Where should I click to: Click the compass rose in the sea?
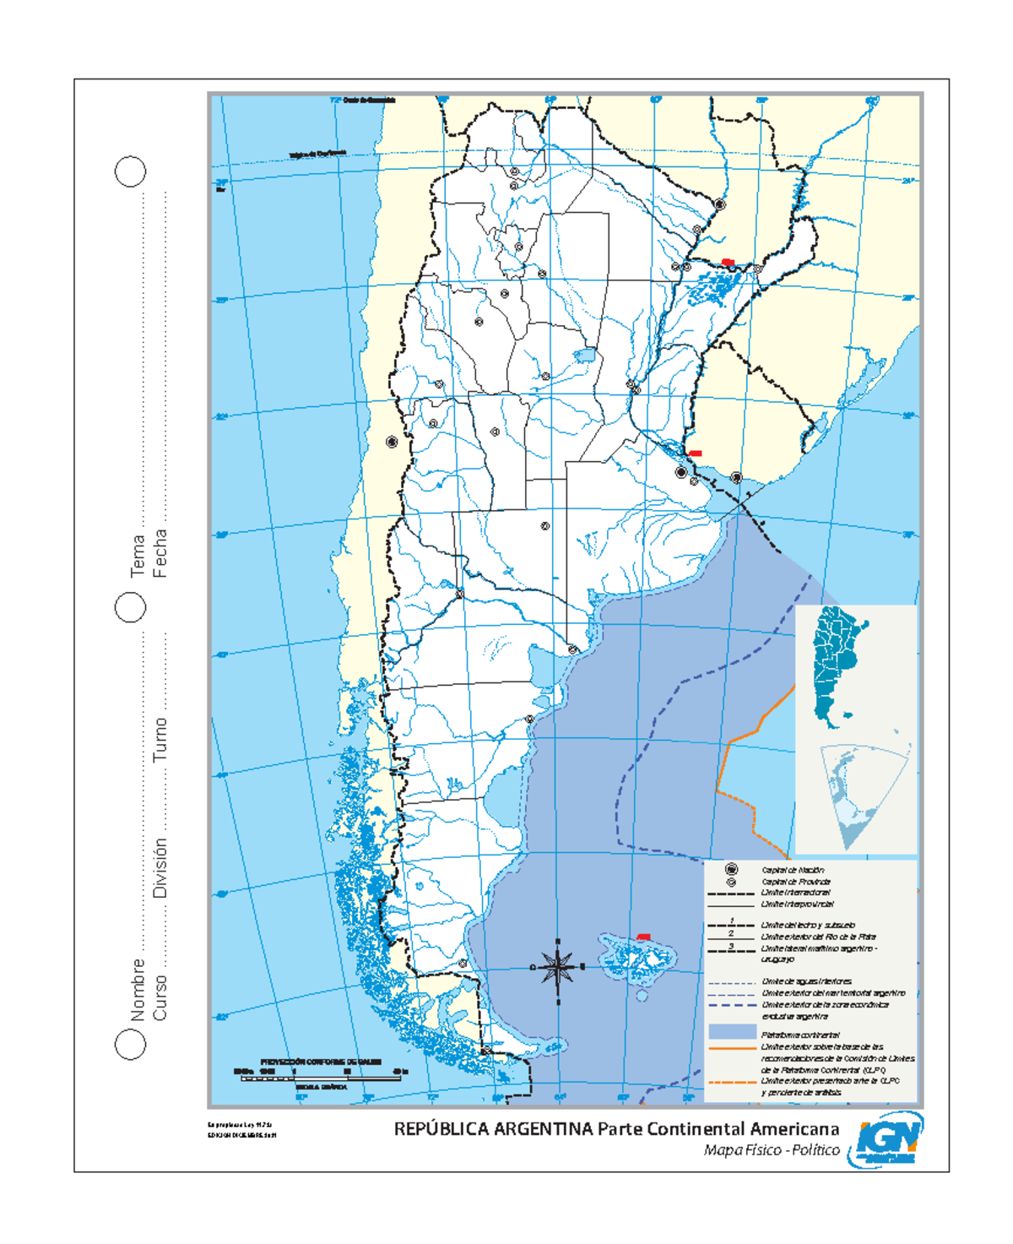(557, 967)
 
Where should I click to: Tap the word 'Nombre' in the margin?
(138, 989)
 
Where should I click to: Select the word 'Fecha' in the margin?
(160, 553)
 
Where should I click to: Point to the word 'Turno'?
(160, 740)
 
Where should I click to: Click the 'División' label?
(160, 867)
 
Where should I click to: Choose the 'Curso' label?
(160, 997)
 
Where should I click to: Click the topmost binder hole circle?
(130, 171)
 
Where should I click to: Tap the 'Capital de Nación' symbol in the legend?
(732, 869)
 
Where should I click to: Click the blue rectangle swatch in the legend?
(732, 1032)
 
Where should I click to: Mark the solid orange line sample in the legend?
(732, 1047)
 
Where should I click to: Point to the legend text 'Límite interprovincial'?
(797, 904)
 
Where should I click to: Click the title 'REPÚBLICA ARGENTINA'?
(493, 1129)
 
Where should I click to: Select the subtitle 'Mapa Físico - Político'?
(772, 1150)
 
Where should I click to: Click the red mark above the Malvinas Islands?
(643, 937)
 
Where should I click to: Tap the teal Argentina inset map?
(836, 663)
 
